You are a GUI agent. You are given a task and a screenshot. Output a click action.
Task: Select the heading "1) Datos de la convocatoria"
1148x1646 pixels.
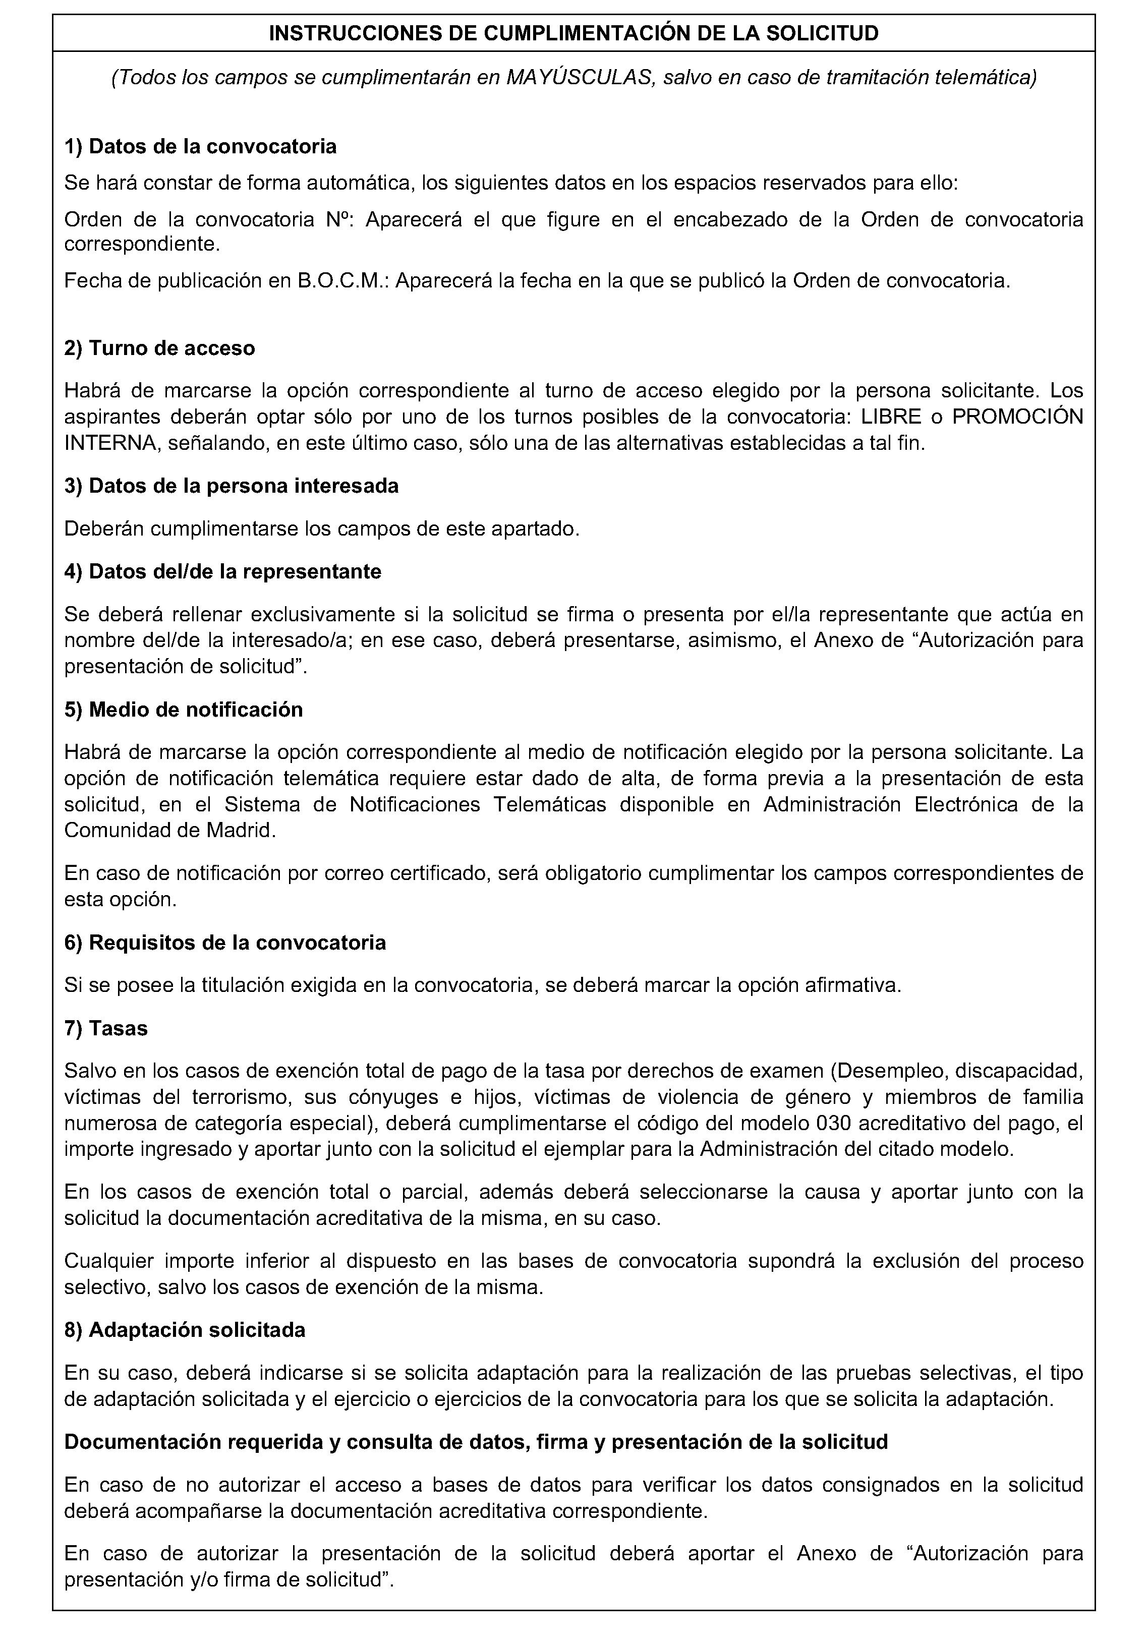tap(200, 146)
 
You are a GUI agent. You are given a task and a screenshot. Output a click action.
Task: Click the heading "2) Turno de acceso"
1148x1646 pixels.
tap(159, 347)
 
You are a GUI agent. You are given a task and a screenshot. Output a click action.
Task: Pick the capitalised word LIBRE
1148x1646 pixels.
tap(892, 417)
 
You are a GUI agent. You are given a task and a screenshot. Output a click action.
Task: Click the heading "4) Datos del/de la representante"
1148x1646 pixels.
tap(222, 571)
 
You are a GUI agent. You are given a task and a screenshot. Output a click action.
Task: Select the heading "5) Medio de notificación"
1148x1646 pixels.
tap(184, 709)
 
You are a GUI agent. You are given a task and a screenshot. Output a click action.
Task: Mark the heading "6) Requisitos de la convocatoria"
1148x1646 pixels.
tap(224, 942)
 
